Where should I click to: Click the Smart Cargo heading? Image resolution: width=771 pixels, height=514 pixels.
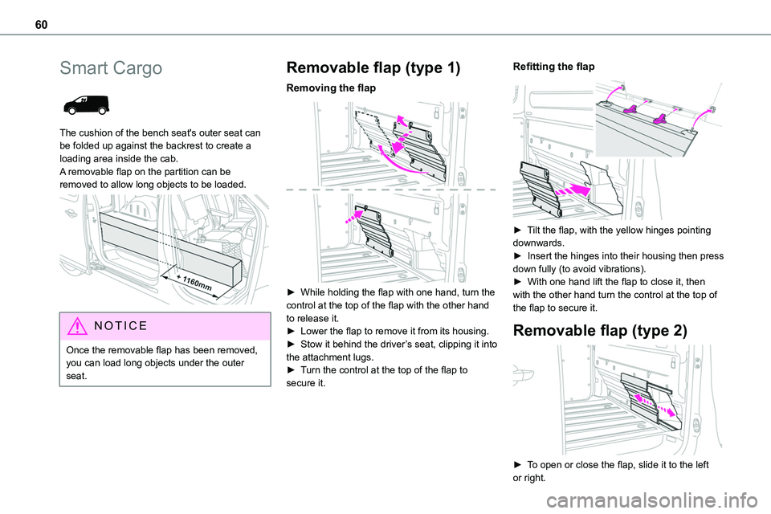coord(111,68)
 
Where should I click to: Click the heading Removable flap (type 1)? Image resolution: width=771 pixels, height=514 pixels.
coord(373,68)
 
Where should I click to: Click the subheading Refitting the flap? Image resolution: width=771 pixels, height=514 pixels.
coord(553,67)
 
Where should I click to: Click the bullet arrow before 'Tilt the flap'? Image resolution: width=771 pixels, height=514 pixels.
coord(517,230)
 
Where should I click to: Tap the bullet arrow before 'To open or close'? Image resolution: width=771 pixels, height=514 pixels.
coord(517,465)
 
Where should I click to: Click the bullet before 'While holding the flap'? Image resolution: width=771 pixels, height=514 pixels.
coord(291,292)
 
